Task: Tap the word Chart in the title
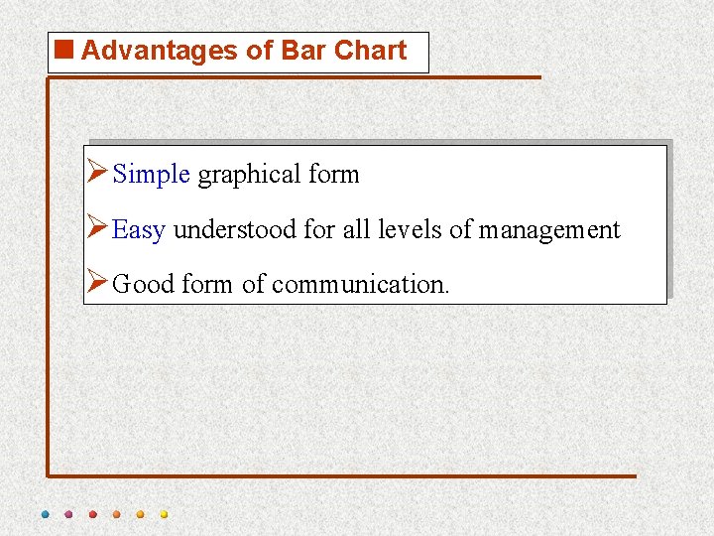371,51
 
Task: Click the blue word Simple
151,175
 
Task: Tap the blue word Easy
138,230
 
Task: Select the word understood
235,230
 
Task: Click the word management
549,230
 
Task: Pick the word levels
409,230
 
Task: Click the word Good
144,285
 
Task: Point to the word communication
360,285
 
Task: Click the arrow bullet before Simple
97,174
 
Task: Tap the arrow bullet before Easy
97,229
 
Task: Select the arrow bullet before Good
97,284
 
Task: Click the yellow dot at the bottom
164,514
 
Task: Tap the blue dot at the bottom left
45,514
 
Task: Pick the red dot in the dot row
92,514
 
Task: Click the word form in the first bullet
334,175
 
